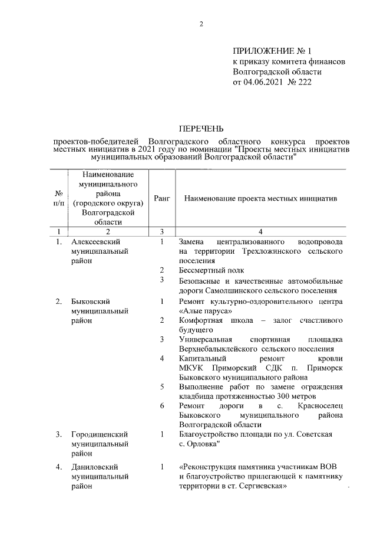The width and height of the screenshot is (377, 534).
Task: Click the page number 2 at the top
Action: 201,24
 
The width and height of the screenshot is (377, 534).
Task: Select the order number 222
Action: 303,82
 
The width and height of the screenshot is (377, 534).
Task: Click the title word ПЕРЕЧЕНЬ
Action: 201,128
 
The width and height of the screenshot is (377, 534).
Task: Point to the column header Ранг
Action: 162,199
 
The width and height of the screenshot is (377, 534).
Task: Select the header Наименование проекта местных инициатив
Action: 260,199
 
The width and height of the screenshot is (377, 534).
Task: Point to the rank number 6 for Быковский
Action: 162,406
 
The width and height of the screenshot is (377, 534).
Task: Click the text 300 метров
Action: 290,396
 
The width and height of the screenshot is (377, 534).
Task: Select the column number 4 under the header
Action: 260,231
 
